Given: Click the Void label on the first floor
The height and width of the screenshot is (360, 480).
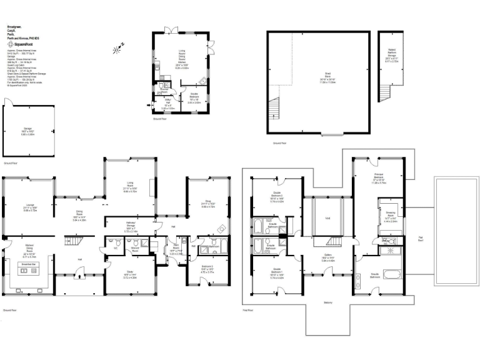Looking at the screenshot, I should click(327, 218).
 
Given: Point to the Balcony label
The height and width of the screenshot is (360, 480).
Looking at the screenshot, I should click(329, 302).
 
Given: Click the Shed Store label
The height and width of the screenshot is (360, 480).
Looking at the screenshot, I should click(328, 80).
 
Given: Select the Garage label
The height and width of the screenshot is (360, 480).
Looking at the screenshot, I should click(27, 132).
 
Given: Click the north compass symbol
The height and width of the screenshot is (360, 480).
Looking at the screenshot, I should click(119, 47).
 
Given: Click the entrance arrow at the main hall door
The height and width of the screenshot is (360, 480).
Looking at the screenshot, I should click(78, 271).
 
